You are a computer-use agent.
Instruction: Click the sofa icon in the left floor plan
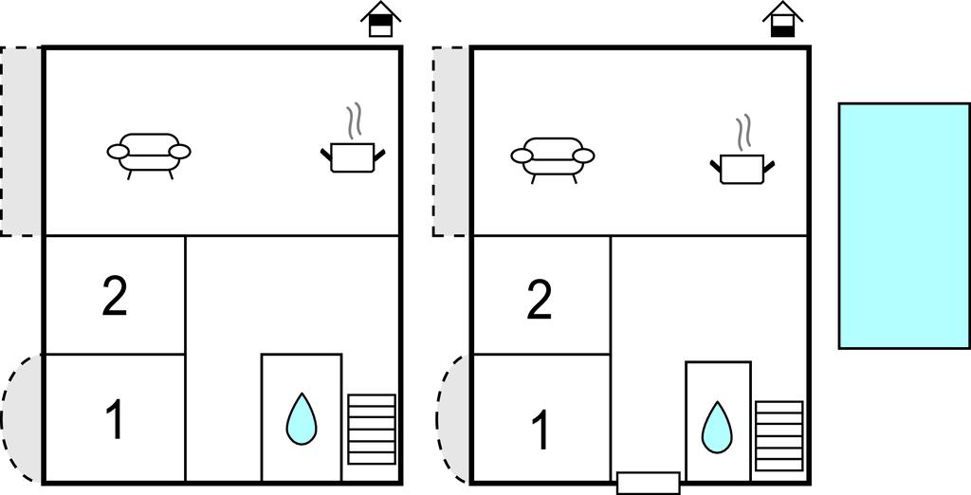click(149, 155)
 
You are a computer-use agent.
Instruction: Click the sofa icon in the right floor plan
click(553, 158)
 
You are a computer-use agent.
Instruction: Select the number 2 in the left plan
click(115, 298)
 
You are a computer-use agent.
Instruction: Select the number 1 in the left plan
click(116, 419)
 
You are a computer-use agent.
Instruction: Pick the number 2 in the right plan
click(540, 301)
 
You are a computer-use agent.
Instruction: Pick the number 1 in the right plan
click(540, 430)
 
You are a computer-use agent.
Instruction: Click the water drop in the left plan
click(302, 419)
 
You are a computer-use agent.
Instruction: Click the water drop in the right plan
click(717, 428)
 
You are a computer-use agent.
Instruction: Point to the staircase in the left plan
click(372, 430)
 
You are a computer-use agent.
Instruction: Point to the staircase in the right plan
click(779, 436)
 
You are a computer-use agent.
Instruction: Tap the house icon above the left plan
click(381, 19)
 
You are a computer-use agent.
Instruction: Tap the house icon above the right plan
click(782, 19)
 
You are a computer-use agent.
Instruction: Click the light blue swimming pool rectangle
click(904, 226)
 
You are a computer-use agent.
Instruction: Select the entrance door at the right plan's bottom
click(649, 484)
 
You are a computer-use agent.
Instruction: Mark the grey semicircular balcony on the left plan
click(22, 419)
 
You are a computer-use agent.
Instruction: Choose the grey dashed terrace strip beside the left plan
click(21, 141)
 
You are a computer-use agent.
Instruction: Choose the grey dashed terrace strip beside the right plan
click(450, 141)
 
